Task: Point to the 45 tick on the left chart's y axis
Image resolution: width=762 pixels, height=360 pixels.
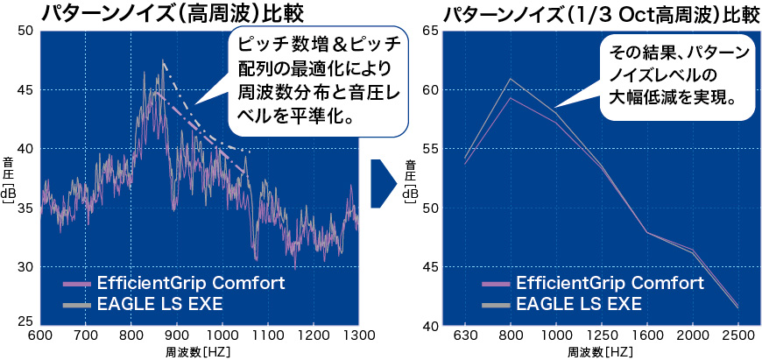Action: coord(25,90)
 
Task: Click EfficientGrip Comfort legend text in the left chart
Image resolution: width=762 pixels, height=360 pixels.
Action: coord(191,284)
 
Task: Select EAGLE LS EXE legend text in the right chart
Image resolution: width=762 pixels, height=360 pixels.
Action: coord(578,304)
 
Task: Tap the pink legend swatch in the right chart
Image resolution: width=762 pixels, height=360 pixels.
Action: coord(496,285)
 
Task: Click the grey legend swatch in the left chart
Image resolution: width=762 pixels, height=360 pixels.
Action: coord(77,305)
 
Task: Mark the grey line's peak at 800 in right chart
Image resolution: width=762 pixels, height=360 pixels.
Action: coord(511,79)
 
